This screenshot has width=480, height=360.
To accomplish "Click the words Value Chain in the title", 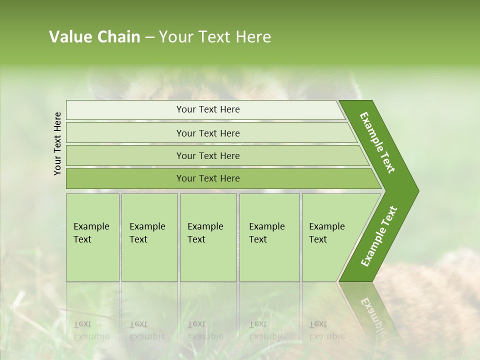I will [x=94, y=37].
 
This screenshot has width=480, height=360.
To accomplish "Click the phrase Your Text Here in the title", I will [x=215, y=37].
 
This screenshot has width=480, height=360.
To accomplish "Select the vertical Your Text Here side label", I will [x=57, y=143].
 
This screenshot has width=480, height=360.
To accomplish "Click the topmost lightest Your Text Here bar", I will [x=208, y=109].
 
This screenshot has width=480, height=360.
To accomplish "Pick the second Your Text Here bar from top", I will [x=208, y=133].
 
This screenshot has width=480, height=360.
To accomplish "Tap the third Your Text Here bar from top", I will [x=208, y=155].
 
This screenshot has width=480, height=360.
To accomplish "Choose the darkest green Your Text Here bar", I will [x=208, y=178].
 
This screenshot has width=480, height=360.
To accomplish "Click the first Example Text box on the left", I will [x=92, y=237].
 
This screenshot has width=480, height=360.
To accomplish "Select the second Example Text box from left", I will [x=149, y=237].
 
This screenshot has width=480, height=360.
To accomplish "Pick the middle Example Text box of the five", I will [x=208, y=237].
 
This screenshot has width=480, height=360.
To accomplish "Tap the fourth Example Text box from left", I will [x=269, y=237].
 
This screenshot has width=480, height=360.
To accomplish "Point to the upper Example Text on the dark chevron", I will [x=377, y=142].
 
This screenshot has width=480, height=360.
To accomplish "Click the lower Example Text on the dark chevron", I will [x=378, y=236].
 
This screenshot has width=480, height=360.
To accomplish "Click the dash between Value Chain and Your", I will [x=149, y=37].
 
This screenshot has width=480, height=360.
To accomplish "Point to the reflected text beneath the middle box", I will [x=205, y=330].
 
